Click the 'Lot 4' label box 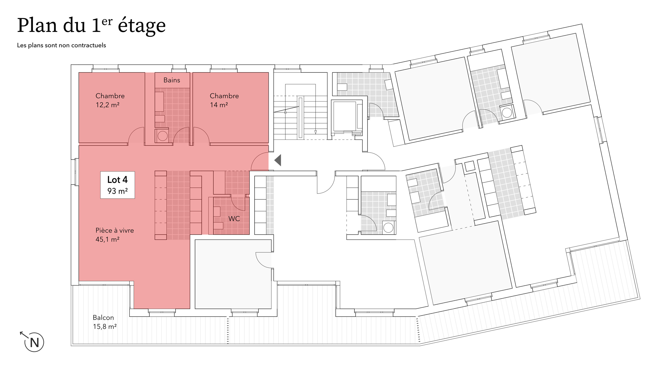point(118,185)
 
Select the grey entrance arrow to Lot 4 point(278,160)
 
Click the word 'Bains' point(172,80)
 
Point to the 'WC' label point(234,219)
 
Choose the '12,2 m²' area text point(108,105)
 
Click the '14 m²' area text point(219,105)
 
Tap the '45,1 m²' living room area point(108,239)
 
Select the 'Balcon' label point(103,318)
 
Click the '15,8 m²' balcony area point(105,327)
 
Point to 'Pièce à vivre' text point(115,230)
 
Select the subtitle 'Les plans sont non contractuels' point(61,45)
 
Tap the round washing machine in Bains point(162,136)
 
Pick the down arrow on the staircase point(315,132)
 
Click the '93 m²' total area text point(118,191)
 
